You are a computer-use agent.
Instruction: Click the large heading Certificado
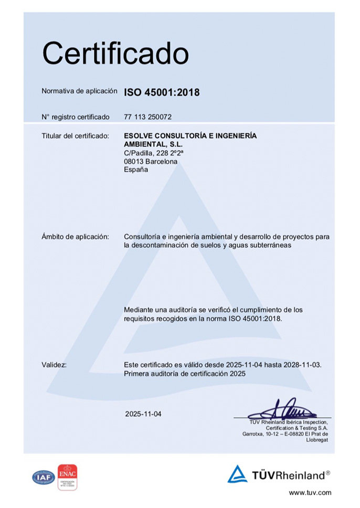115,54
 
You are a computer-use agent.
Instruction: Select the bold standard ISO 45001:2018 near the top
162,93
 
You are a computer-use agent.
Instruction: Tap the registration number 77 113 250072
148,117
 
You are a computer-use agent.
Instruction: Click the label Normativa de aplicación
79,91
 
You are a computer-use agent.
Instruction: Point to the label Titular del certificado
75,136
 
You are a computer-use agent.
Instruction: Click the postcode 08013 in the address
134,162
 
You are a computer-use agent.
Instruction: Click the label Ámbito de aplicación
75,237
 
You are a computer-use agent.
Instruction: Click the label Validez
54,365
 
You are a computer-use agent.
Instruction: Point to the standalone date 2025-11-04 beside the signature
143,414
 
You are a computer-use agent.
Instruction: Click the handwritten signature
283,409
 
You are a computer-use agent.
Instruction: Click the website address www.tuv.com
310,493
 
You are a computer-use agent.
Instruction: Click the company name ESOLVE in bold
139,136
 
